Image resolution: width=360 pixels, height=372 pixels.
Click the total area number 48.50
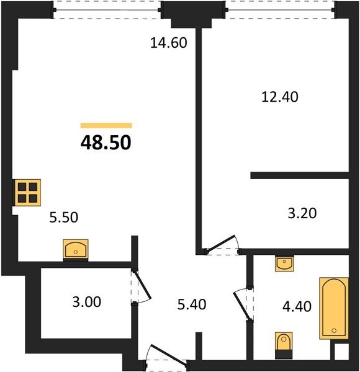(106, 143)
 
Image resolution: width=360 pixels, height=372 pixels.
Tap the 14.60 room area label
(169, 43)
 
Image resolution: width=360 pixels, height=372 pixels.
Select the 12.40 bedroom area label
(280, 97)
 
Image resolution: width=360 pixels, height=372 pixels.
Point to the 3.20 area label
(302, 213)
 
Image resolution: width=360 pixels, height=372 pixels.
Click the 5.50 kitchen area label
(64, 218)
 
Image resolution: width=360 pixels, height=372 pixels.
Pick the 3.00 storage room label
(87, 302)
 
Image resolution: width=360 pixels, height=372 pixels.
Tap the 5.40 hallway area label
(192, 304)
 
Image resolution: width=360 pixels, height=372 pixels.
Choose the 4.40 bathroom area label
(297, 306)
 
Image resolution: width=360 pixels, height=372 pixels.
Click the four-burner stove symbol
(27, 192)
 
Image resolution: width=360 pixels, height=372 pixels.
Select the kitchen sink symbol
(76, 250)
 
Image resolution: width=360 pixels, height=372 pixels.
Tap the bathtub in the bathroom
(334, 308)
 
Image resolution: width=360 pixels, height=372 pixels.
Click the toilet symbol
(284, 345)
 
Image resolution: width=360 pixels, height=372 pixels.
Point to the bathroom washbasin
(284, 263)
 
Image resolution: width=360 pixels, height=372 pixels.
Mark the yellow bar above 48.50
(106, 125)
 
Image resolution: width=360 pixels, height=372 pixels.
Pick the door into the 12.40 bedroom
(220, 243)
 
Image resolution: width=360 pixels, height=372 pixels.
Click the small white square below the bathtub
(341, 352)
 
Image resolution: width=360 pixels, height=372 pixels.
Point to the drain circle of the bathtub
(334, 330)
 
